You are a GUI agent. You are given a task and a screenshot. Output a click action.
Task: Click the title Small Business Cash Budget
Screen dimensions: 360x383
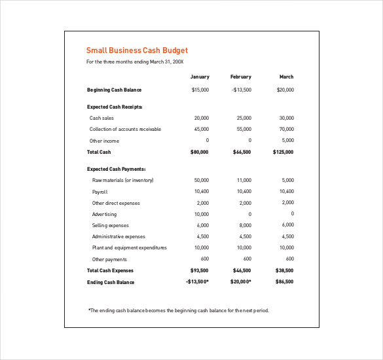[137, 50]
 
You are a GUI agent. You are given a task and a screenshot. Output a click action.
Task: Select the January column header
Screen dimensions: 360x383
[200, 77]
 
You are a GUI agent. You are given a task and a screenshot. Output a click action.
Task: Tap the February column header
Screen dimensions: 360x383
[240, 77]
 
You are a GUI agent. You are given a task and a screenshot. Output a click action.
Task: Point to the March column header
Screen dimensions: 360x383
[286, 77]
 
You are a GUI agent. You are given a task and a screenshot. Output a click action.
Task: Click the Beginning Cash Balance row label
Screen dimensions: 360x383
[114, 90]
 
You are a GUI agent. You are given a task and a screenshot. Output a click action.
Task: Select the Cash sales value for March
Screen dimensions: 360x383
[286, 118]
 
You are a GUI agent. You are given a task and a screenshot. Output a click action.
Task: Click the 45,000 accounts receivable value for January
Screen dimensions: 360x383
[201, 129]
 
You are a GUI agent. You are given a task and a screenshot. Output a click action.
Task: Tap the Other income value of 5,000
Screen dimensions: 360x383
[287, 141]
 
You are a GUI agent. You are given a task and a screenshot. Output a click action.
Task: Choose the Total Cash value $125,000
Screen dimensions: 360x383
[283, 152]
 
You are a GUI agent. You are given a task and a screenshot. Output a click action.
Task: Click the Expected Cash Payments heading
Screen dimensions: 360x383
[116, 169]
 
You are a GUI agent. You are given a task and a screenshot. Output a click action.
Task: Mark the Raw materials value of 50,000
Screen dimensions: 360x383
[201, 180]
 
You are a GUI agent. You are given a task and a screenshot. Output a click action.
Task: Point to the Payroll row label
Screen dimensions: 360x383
[100, 192]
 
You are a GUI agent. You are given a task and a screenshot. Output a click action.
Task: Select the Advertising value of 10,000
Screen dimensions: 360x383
[201, 214]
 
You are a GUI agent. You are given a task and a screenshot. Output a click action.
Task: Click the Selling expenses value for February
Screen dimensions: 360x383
[244, 225]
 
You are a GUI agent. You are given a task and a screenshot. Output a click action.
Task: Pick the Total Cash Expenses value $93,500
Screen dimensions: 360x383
[199, 270]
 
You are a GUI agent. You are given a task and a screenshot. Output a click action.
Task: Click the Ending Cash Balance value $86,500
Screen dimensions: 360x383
[284, 282]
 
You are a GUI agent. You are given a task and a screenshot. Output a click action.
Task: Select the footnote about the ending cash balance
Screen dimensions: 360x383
[178, 310]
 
